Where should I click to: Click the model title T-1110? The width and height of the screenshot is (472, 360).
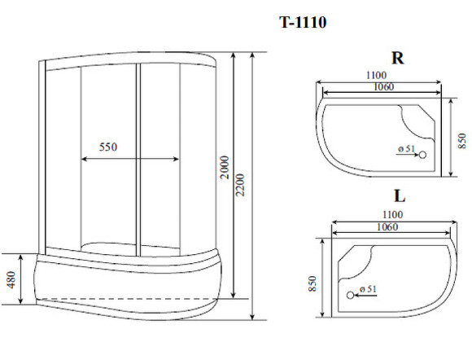(303, 23)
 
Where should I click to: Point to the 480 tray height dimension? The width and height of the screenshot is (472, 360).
(11, 280)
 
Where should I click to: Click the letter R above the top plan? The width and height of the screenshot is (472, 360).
(397, 59)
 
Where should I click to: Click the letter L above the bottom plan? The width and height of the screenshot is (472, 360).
(400, 196)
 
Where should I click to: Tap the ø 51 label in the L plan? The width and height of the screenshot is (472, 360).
(367, 288)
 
